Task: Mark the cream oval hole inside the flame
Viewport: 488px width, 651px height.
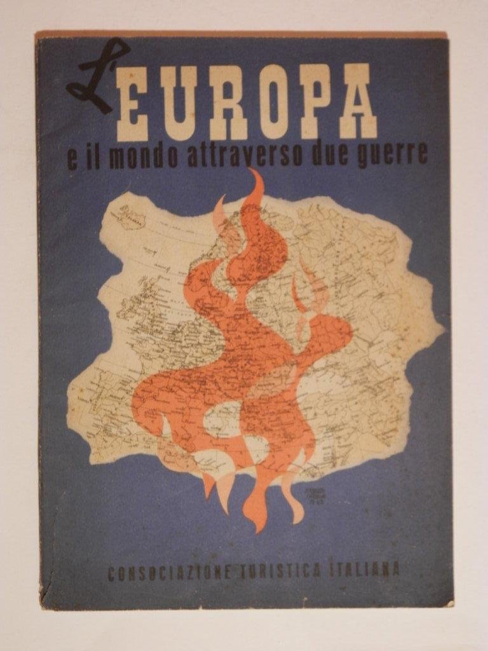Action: click(223, 420)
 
